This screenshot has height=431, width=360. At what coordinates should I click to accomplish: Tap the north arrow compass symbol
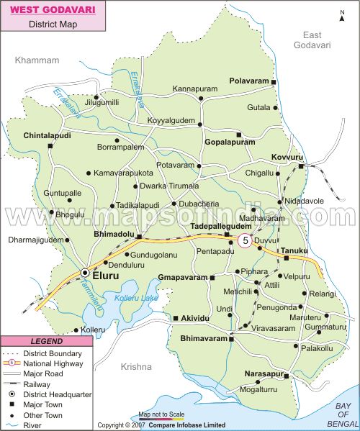(x=342, y=15)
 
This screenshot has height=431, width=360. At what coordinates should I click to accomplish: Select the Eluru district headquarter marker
(x=85, y=273)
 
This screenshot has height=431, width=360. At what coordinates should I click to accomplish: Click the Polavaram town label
(x=248, y=81)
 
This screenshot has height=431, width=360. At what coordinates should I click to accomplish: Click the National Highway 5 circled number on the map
(x=245, y=241)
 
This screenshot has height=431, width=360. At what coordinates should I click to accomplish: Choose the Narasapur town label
(x=266, y=374)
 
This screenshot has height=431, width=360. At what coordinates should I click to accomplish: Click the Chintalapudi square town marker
(x=50, y=146)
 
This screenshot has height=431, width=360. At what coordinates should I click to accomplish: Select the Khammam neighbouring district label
(x=37, y=60)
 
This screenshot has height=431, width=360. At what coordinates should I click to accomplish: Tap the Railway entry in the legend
(x=45, y=384)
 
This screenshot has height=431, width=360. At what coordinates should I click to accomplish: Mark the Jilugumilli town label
(x=102, y=103)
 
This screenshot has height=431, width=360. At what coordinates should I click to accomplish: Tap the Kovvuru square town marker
(x=301, y=167)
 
